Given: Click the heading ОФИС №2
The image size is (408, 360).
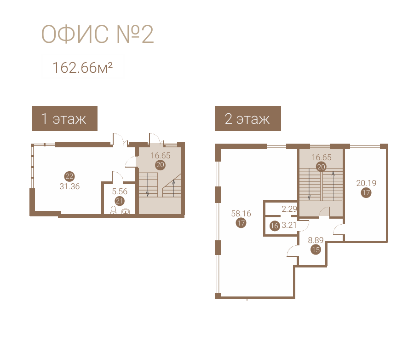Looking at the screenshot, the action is click(98, 34).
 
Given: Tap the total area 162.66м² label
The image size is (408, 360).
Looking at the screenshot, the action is click(82, 68).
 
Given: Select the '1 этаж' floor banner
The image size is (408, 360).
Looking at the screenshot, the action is click(64, 118).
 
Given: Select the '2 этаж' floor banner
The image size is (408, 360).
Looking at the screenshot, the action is click(248, 118).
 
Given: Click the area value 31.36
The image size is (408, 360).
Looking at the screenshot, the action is click(69, 186).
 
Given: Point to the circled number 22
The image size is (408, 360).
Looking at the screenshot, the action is click(69, 176).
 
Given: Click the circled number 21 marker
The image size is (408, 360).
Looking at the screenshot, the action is click(120, 201).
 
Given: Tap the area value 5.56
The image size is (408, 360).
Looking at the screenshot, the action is click(120, 192).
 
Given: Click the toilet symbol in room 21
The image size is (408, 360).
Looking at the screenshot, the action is click(114, 210).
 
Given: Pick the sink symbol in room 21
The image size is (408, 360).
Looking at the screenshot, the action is click(126, 211).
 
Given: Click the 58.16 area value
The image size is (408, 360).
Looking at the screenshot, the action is click(241, 213).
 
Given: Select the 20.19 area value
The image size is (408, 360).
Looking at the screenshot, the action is click(366, 183).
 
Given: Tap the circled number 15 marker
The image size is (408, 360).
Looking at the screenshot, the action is click(316, 250).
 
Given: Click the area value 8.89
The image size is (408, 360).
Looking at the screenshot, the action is click(316, 240).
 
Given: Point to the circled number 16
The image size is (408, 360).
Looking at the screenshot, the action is click(275, 226).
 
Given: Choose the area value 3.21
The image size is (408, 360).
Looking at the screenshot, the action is click(289, 225).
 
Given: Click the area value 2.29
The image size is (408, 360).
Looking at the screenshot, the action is click(289, 209).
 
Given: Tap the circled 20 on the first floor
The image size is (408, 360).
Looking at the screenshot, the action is click(160, 165).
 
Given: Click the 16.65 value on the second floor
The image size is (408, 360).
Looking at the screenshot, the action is click(322, 157).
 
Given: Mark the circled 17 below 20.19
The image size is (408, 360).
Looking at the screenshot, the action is click(366, 193).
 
